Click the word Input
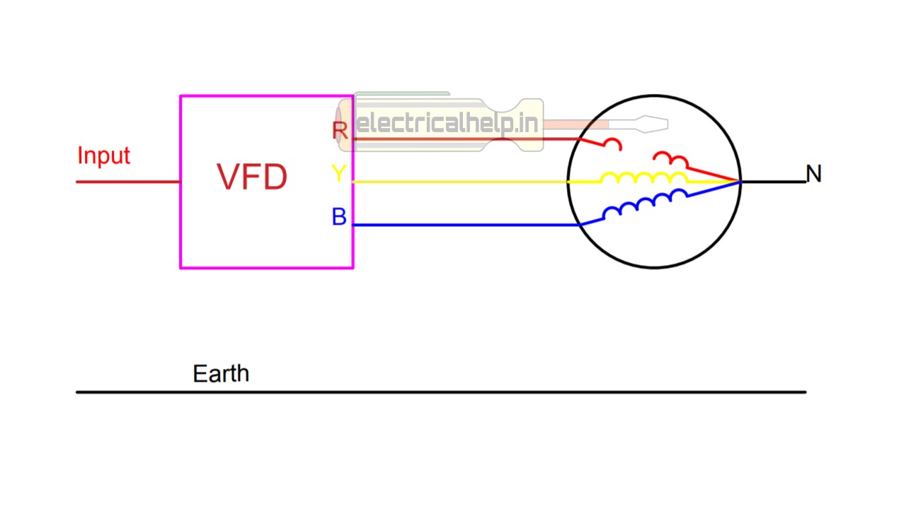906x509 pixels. click(103, 156)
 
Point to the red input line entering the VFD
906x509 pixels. click(128, 182)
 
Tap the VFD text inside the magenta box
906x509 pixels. click(252, 177)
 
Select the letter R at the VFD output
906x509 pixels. click(340, 131)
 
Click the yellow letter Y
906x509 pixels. click(339, 173)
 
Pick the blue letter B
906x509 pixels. click(339, 217)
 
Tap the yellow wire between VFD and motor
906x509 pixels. click(460, 182)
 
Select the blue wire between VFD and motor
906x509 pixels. click(460, 225)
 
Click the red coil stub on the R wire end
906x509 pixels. click(612, 144)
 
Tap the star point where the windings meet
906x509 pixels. click(740, 182)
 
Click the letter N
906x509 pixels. click(814, 174)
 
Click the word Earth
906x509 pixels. click(221, 373)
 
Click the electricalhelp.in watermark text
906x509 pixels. click(448, 124)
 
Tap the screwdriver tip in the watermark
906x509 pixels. click(651, 124)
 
